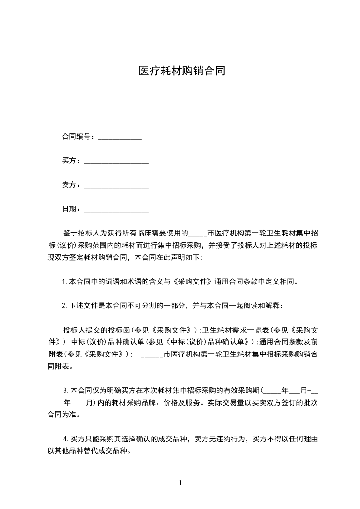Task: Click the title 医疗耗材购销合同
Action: (x=182, y=71)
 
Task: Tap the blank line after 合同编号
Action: (x=120, y=137)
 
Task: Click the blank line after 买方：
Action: (x=116, y=162)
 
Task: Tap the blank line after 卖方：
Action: (x=116, y=186)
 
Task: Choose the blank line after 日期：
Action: (x=116, y=210)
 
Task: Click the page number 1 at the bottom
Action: (x=180, y=483)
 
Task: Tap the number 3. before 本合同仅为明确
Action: (x=66, y=390)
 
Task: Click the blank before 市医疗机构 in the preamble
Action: (x=197, y=234)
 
